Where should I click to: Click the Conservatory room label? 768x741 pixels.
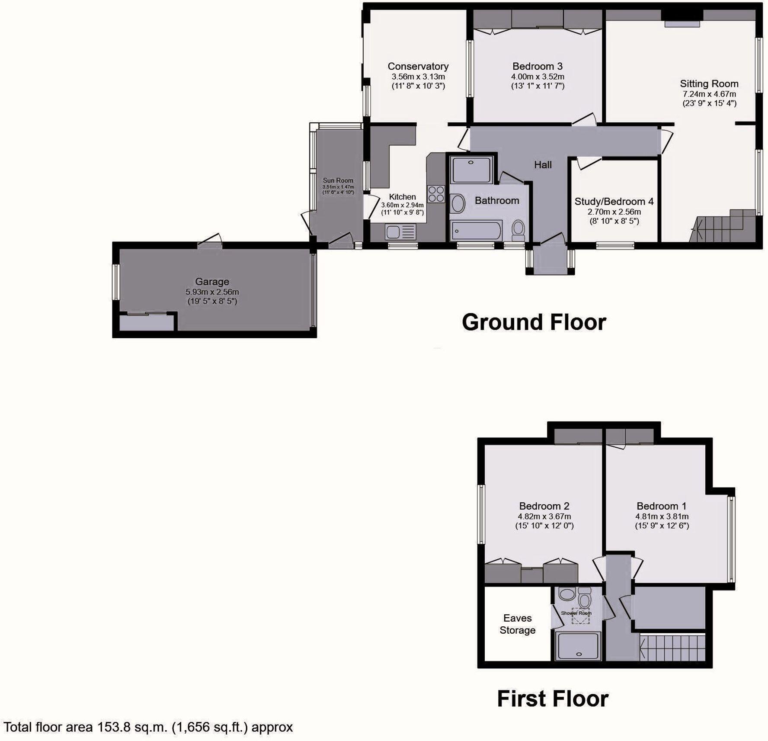pyautogui.click(x=418, y=66)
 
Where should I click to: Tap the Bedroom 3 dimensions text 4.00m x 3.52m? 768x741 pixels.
pyautogui.click(x=537, y=77)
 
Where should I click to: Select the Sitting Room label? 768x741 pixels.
pyautogui.click(x=709, y=83)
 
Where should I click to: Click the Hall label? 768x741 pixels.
pyautogui.click(x=543, y=164)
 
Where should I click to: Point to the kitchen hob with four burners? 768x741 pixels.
pyautogui.click(x=436, y=194)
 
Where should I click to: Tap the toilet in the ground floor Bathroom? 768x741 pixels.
pyautogui.click(x=518, y=229)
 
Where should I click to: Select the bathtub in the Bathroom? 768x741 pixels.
pyautogui.click(x=476, y=230)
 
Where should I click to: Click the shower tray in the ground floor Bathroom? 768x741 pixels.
pyautogui.click(x=471, y=170)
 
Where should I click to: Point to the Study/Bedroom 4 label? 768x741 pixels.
pyautogui.click(x=614, y=202)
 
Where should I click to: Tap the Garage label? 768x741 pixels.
pyautogui.click(x=212, y=282)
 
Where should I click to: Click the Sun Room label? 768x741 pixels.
pyautogui.click(x=338, y=180)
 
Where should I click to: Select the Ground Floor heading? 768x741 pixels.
pyautogui.click(x=534, y=322)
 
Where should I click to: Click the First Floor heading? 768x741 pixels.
pyautogui.click(x=552, y=699)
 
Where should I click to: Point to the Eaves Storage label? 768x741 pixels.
pyautogui.click(x=517, y=624)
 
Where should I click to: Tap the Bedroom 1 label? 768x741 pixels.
pyautogui.click(x=661, y=506)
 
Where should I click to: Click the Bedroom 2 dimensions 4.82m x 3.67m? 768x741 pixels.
pyautogui.click(x=544, y=516)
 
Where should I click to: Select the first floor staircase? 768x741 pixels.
pyautogui.click(x=672, y=648)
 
